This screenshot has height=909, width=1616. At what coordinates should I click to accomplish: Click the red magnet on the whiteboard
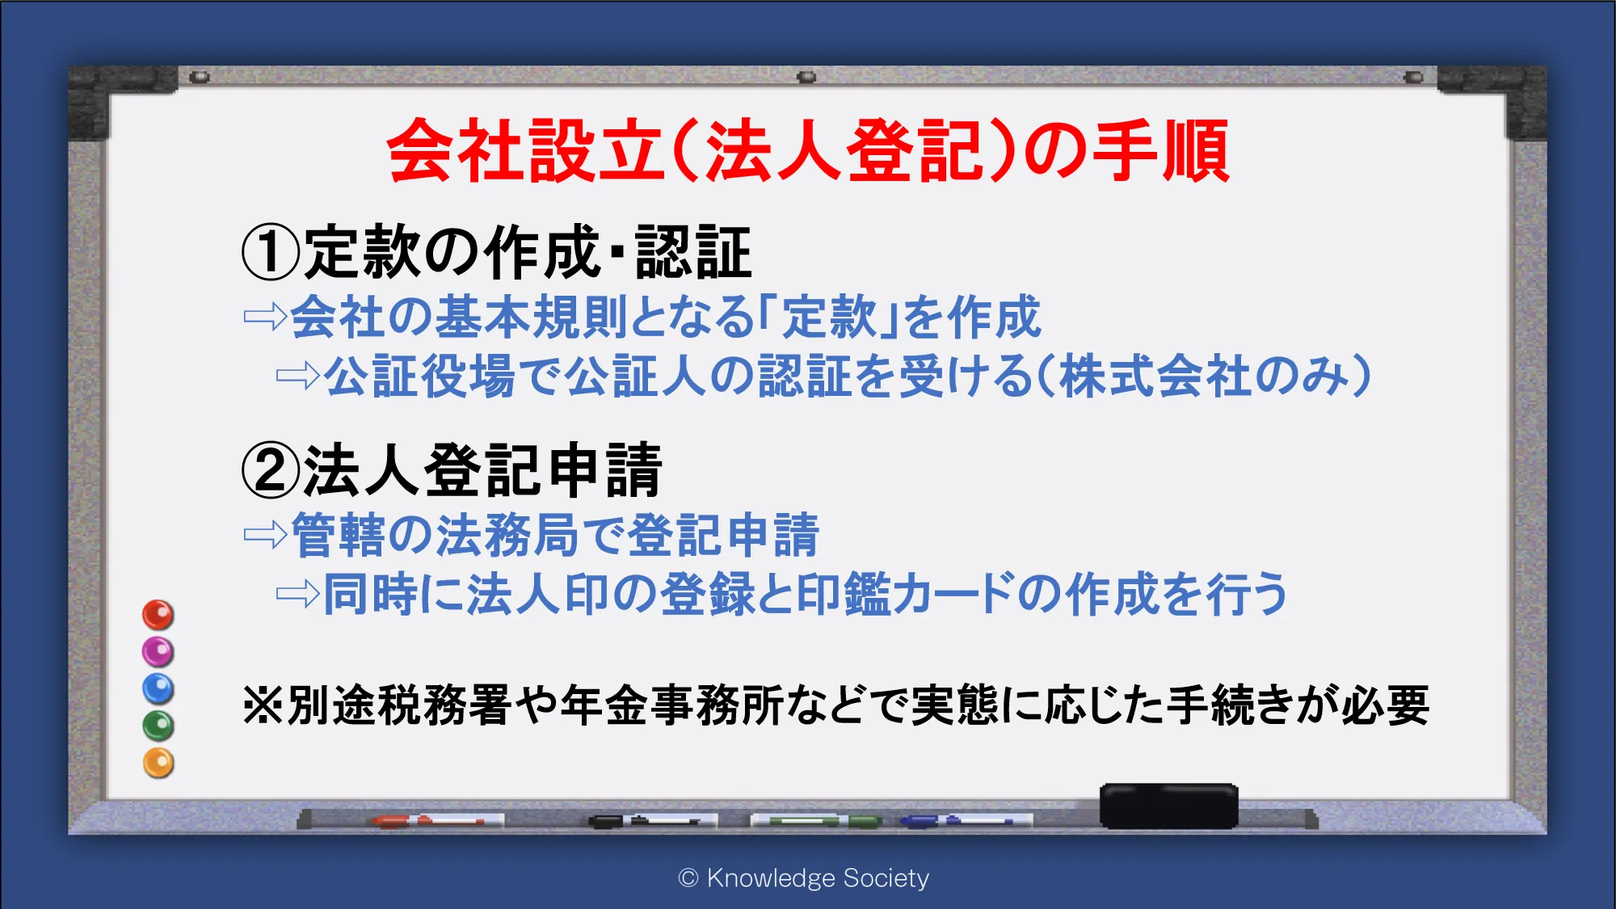point(158,614)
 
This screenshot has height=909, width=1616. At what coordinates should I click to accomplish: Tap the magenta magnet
point(158,651)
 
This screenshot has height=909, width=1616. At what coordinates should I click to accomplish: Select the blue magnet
point(158,688)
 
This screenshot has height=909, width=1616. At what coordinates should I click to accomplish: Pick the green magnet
point(158,726)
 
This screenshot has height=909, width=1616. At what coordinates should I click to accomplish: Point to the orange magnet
point(158,763)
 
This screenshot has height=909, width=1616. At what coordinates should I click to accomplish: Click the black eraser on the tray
point(1169,806)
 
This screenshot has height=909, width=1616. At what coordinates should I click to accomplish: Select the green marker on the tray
point(816,821)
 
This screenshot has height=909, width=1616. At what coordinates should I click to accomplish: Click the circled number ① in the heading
point(271,252)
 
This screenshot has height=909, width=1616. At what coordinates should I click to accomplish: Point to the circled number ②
point(271,470)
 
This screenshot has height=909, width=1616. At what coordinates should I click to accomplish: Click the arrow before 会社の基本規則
point(266,317)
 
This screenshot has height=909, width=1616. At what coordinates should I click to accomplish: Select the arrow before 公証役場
point(298,376)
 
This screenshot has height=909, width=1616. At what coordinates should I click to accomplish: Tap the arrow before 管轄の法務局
point(266,534)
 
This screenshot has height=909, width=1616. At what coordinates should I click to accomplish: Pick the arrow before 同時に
point(298,595)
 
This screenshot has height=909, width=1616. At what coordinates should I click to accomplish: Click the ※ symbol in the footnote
point(263,705)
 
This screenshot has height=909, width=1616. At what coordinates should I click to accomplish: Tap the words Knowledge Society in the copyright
point(818,877)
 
